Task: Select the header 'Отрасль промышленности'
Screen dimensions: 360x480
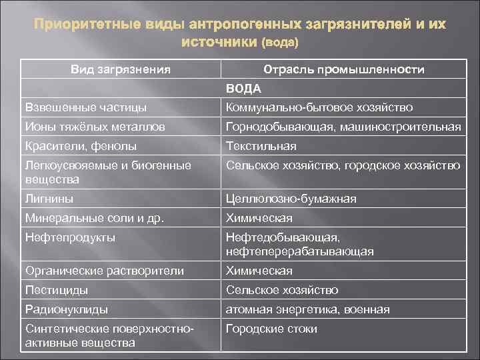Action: point(344,69)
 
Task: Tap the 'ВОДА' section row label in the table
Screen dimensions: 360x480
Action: point(243,88)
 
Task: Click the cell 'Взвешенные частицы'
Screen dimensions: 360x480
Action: point(85,107)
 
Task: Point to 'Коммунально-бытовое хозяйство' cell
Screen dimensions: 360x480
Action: point(319,107)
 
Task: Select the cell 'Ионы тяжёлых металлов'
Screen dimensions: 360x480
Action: point(95,127)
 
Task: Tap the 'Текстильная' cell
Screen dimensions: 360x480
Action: point(261,146)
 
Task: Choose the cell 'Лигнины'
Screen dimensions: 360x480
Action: point(49,199)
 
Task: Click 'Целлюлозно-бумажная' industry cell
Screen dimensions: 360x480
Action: point(291,199)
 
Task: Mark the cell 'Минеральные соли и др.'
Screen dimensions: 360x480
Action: point(94,218)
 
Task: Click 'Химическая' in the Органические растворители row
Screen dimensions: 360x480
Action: point(259,271)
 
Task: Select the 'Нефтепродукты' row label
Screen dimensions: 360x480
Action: point(69,237)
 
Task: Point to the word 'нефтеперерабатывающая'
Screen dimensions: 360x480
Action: point(300,251)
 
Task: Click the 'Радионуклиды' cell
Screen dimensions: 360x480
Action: point(66,309)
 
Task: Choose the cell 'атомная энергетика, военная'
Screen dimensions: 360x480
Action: point(307,309)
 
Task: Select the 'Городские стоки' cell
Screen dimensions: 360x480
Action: point(271,329)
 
